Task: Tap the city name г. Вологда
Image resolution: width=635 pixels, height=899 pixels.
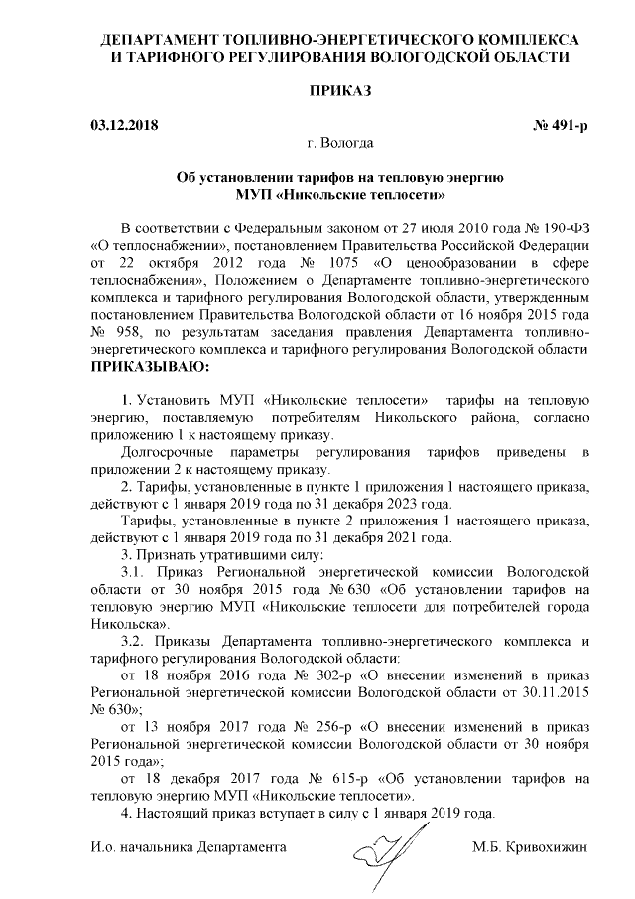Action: click(341, 145)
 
